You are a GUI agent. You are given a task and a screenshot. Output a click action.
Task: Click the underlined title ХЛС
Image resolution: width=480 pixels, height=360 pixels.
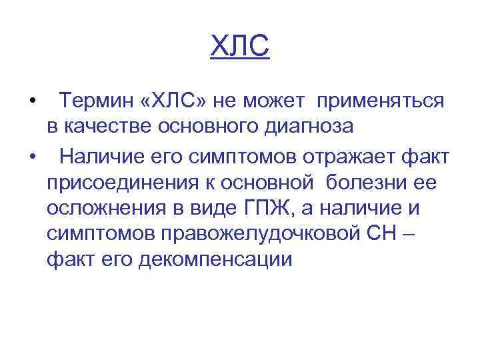[x=240, y=47]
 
